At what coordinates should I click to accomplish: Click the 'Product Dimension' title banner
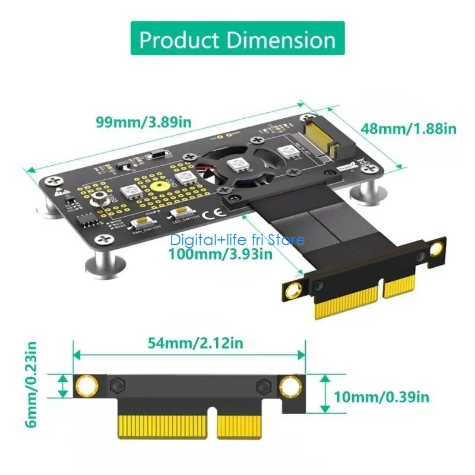237,40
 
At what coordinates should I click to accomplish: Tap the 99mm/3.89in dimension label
143,122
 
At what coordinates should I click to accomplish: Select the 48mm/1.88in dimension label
408,128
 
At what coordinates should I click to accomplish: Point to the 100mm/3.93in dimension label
221,254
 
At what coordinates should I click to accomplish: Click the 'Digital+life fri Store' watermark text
237,240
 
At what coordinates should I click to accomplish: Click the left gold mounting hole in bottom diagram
87,387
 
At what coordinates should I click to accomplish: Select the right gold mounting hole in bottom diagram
290,387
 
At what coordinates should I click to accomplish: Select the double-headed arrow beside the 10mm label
324,393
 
